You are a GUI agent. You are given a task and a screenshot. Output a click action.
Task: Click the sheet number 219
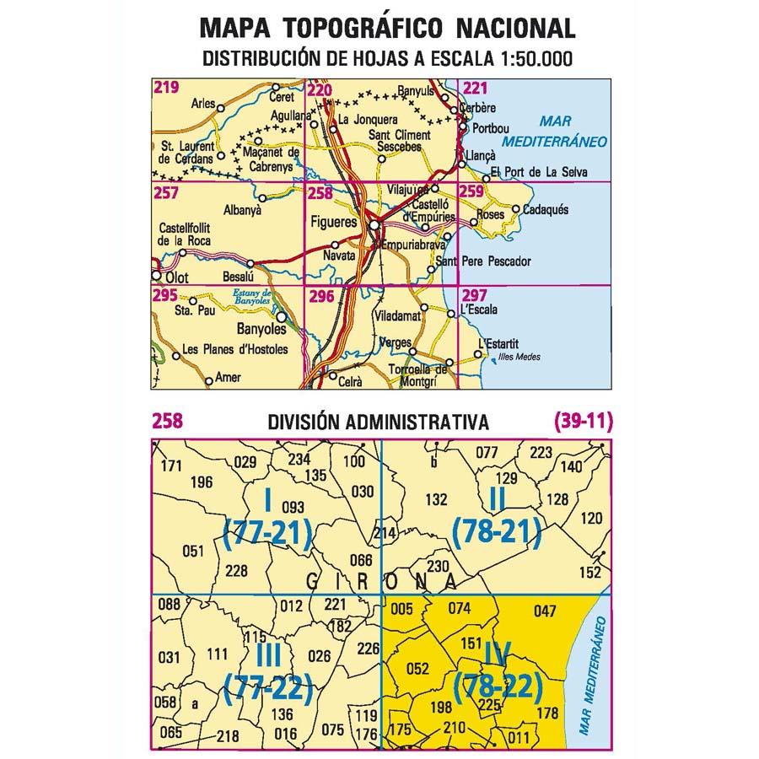[166, 87]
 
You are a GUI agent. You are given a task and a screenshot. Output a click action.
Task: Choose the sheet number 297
[475, 294]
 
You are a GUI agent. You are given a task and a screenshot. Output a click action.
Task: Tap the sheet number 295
[165, 294]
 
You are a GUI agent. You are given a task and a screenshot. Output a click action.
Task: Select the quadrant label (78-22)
[497, 688]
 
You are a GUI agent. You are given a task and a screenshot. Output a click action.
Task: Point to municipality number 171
[171, 466]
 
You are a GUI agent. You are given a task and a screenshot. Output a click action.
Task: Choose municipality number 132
[436, 499]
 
